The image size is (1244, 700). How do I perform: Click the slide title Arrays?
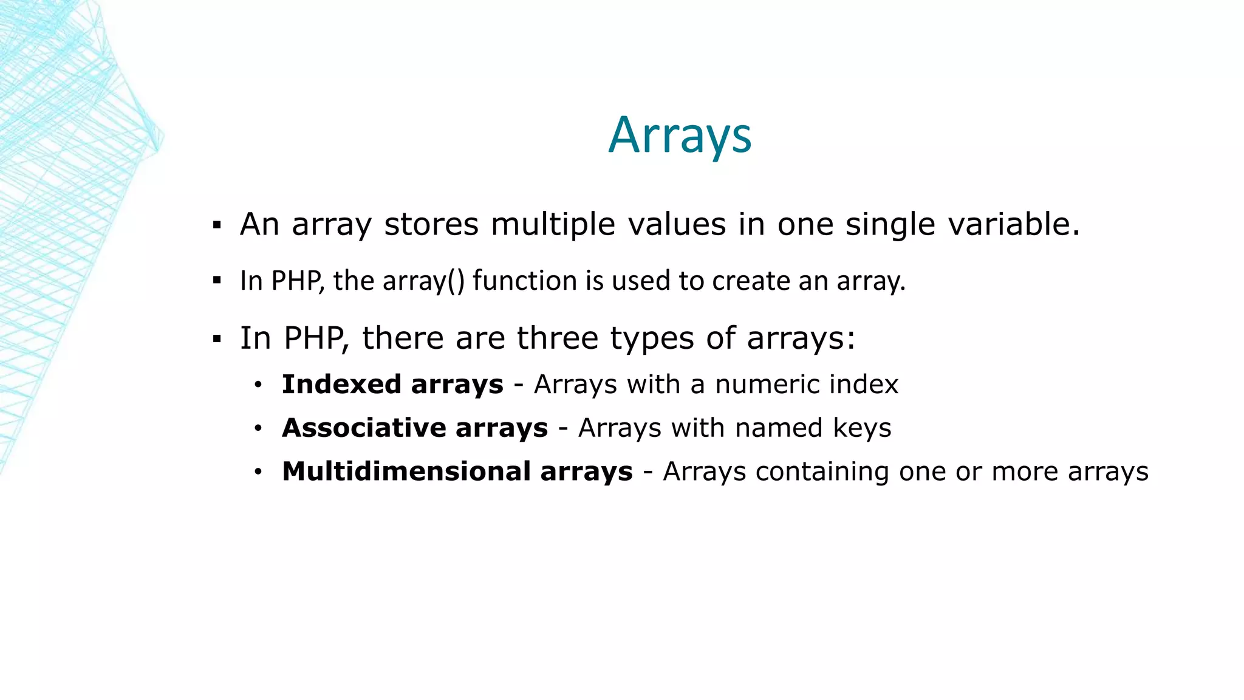tap(680, 136)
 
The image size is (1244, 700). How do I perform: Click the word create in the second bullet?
tap(751, 281)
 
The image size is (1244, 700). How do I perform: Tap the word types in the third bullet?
tap(652, 339)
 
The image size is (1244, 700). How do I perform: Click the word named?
tap(778, 428)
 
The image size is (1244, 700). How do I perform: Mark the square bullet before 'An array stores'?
tap(217, 226)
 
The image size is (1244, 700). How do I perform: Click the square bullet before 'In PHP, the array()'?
tap(217, 281)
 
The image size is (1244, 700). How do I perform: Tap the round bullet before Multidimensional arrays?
tap(258, 472)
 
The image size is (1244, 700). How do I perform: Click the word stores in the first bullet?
tap(431, 224)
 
